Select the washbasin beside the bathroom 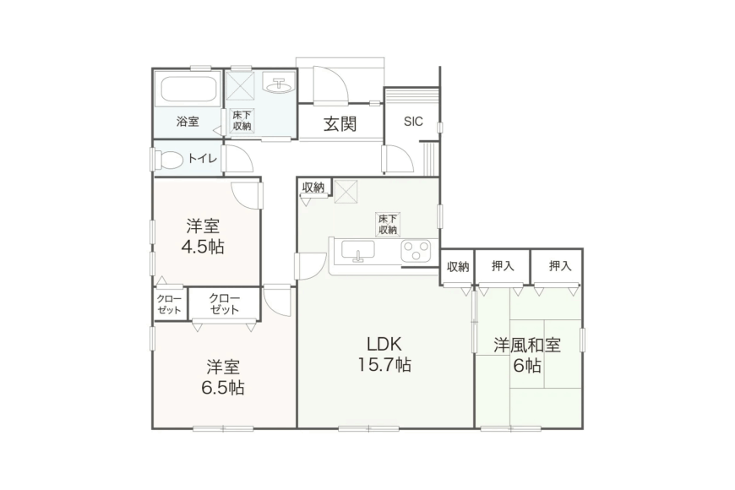pos(279,84)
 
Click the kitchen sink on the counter pos(358,250)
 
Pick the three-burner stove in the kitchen pos(416,250)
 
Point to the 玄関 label pos(340,124)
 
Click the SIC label pos(413,122)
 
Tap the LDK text pos(384,344)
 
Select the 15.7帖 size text pos(384,364)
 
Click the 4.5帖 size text pos(203,247)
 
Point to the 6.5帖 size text pos(223,388)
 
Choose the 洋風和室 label pos(527,345)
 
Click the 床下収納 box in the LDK pos(388,224)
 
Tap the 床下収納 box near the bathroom pos(242,121)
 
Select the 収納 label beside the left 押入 pos(458,267)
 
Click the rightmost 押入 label pos(560,266)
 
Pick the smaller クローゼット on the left pos(169,304)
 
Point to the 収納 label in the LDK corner pos(313,188)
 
